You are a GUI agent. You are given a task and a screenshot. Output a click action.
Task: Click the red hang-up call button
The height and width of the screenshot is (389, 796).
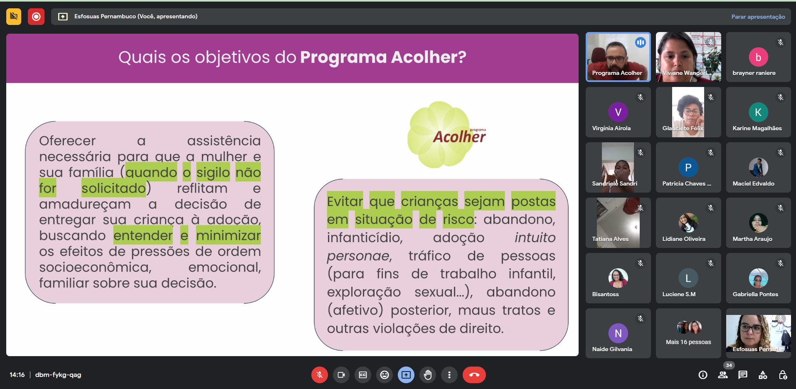point(474,375)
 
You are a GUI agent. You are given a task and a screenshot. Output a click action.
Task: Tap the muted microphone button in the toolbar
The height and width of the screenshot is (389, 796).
point(319,375)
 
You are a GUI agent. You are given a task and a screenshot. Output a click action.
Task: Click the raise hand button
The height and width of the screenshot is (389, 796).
point(428,375)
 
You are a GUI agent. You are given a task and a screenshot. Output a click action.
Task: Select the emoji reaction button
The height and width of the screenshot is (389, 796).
point(384,375)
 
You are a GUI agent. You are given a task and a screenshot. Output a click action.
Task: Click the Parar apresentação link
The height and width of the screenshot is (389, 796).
point(758,17)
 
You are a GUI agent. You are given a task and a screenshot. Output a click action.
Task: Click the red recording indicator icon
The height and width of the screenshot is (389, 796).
point(36,17)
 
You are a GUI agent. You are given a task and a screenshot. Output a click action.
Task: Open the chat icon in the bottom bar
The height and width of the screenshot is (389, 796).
point(742,375)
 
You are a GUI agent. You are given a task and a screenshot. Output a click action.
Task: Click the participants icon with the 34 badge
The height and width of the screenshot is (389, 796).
point(723,374)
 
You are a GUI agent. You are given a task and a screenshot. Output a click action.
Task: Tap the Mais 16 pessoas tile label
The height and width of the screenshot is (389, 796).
point(688,342)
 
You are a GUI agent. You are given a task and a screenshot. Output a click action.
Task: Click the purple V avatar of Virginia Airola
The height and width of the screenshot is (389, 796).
point(618,112)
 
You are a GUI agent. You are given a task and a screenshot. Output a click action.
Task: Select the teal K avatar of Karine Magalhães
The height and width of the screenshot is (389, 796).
point(758,112)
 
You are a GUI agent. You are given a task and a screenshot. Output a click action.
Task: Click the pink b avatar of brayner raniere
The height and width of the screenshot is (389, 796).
point(758,57)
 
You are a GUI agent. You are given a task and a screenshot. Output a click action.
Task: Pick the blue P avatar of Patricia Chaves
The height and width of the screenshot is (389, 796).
point(688,167)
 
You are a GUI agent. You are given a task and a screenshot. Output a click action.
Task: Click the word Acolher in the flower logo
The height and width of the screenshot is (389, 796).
point(459,137)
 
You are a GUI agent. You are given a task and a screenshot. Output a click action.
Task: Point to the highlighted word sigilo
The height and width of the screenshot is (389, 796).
point(213,172)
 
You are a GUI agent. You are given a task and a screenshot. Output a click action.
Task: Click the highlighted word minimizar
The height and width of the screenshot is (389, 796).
point(228,235)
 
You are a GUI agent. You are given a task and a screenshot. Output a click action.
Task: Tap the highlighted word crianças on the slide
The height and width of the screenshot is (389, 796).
point(429,201)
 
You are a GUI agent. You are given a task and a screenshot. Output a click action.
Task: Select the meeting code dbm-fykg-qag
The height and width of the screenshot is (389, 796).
point(58,375)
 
